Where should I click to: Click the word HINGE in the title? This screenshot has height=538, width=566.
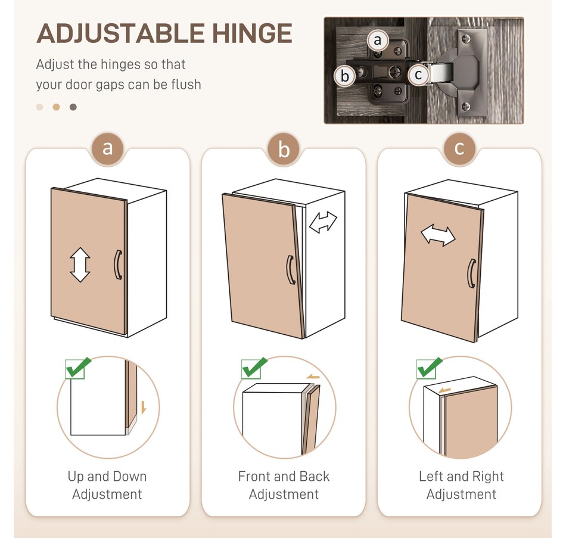coord(252,33)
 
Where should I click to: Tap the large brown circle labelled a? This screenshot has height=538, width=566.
coord(107,148)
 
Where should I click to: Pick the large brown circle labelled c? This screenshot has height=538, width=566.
coord(459,148)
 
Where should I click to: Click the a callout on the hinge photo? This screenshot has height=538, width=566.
coord(378,40)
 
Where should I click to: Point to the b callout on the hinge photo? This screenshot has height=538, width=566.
coord(345,76)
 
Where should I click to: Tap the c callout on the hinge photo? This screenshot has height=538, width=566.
coord(418,74)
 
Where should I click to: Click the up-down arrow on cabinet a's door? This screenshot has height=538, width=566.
coord(80,265)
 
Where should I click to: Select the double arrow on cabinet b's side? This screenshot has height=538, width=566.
coord(323,222)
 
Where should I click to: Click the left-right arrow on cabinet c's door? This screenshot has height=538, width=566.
coord(439,236)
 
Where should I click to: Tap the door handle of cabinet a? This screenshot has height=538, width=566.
coord(118,265)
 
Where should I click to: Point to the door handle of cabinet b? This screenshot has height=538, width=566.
coord(291,270)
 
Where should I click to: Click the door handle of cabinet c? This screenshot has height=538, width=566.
coord(471,273)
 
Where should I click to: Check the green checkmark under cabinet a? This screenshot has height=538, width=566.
coord(77,368)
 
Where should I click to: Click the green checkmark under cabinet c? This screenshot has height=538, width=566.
coord(429,368)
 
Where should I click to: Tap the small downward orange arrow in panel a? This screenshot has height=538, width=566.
coord(144,408)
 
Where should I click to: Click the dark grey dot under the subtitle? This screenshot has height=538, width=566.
coord(73,107)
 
